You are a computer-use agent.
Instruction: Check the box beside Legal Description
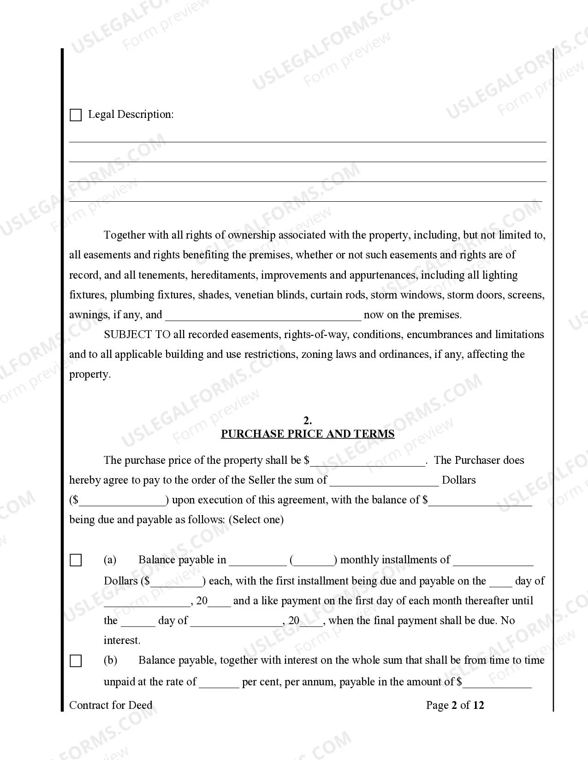tap(76, 115)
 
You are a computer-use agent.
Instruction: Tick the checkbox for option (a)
tap(76, 561)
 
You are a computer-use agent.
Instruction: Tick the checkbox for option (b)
tap(76, 661)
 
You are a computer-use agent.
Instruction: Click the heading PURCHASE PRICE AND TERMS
tap(308, 434)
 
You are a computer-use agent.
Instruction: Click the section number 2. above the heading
tap(308, 420)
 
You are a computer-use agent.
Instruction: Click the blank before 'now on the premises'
tap(263, 316)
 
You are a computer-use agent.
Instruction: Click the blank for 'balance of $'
tap(480, 501)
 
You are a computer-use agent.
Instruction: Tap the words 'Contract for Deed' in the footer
tap(111, 705)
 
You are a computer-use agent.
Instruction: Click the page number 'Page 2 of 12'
tap(455, 705)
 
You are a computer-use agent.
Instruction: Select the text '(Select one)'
tap(256, 520)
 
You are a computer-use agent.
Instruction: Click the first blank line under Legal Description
tap(308, 138)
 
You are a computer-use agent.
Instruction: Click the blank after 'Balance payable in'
tap(257, 561)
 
